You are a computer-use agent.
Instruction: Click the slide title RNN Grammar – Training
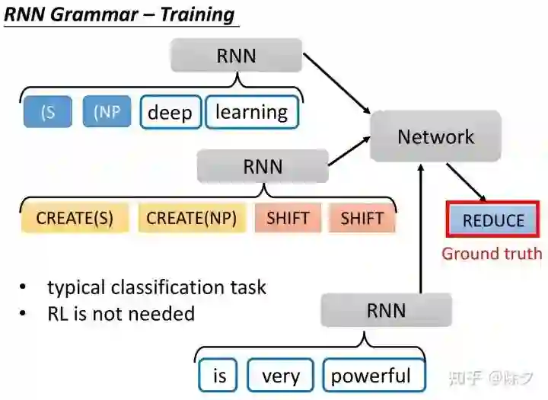119,14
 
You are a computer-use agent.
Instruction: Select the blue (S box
48,111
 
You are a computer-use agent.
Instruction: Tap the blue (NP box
107,111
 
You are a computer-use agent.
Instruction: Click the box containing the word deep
170,112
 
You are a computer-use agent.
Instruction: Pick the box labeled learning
251,112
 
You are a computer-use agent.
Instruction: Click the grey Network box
435,136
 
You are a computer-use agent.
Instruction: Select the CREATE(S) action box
75,219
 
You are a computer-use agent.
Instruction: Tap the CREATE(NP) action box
191,219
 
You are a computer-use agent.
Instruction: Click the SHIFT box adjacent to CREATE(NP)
288,219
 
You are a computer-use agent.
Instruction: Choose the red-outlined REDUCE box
493,221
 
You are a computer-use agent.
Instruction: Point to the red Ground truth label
492,254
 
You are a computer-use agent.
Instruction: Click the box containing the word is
219,376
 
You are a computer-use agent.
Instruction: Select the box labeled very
281,376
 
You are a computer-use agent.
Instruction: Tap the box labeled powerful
370,376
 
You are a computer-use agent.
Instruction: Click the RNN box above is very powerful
386,311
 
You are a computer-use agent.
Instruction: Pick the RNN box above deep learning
236,56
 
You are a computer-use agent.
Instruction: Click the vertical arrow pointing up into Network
421,229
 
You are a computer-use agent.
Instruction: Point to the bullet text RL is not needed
121,313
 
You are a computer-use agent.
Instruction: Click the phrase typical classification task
157,287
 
